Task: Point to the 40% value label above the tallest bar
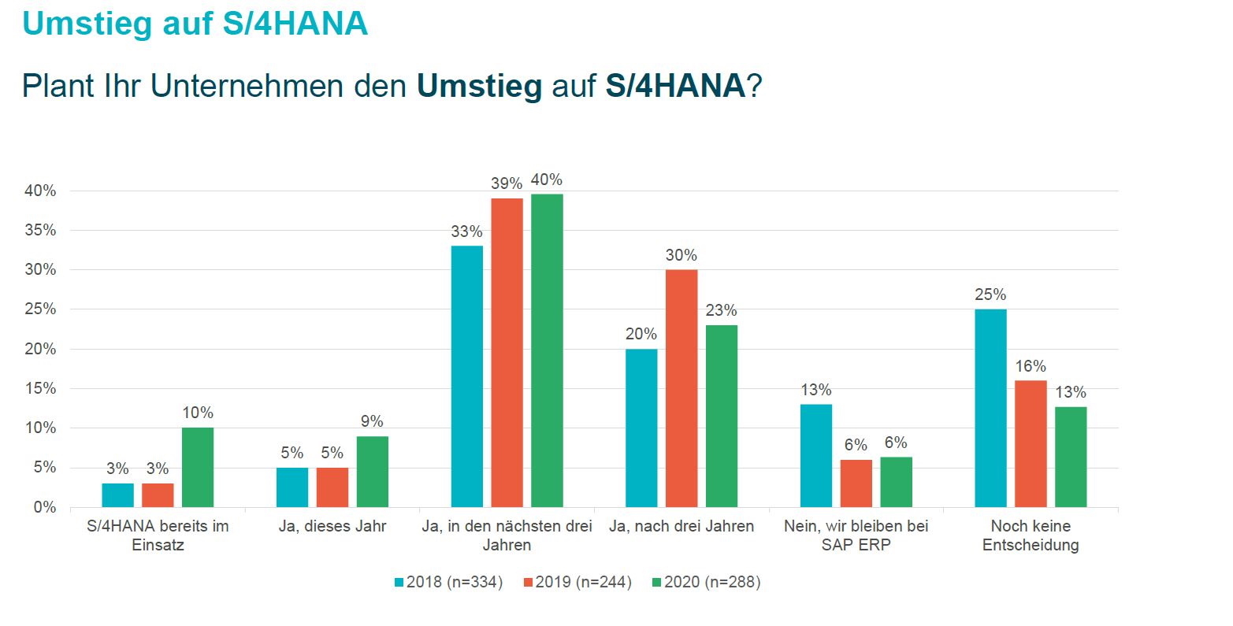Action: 547,180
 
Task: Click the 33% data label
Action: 466,232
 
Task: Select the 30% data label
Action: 681,256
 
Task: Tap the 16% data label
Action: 1031,367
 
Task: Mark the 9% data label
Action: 372,422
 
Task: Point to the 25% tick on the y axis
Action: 40,309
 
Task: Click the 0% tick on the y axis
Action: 44,508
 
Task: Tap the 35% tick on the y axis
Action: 40,231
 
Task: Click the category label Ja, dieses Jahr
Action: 332,526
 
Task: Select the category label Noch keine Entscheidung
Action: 1031,535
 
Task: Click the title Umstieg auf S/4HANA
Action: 195,24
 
